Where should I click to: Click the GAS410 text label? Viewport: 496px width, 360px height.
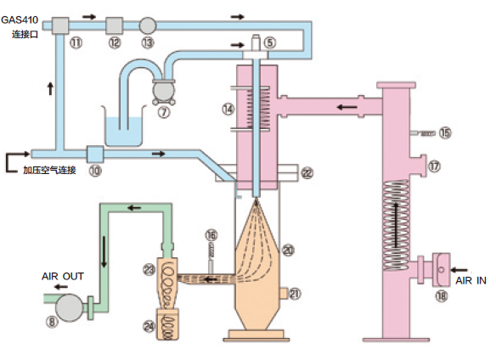coord(20,20)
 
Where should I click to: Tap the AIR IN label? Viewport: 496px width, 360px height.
coord(471,280)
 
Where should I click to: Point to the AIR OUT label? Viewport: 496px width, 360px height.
coord(63,276)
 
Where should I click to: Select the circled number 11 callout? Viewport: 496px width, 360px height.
coord(76,42)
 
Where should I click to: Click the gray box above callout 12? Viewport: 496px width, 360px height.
coord(114,25)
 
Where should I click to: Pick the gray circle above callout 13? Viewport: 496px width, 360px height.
coord(148,25)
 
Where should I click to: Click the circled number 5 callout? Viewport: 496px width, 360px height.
coord(270,42)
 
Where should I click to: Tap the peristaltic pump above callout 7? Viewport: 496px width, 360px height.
coord(164,91)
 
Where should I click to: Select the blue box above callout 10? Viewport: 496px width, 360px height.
coord(95,154)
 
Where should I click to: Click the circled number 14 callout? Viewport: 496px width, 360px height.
coord(228,110)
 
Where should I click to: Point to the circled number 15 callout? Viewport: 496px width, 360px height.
coord(445,132)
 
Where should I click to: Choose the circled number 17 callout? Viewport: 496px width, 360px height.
coord(434,166)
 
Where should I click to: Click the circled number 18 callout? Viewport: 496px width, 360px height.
coord(442,296)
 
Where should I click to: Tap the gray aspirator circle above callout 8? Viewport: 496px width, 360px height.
coord(69,307)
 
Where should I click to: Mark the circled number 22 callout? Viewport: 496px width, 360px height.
coord(307,173)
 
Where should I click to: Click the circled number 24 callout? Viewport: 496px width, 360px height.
coord(149,326)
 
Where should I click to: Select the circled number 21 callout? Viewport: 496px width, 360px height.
coord(294,294)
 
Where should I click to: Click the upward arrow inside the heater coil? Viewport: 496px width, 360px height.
coord(396,225)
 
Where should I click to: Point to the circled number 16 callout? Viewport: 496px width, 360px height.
coord(211,235)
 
